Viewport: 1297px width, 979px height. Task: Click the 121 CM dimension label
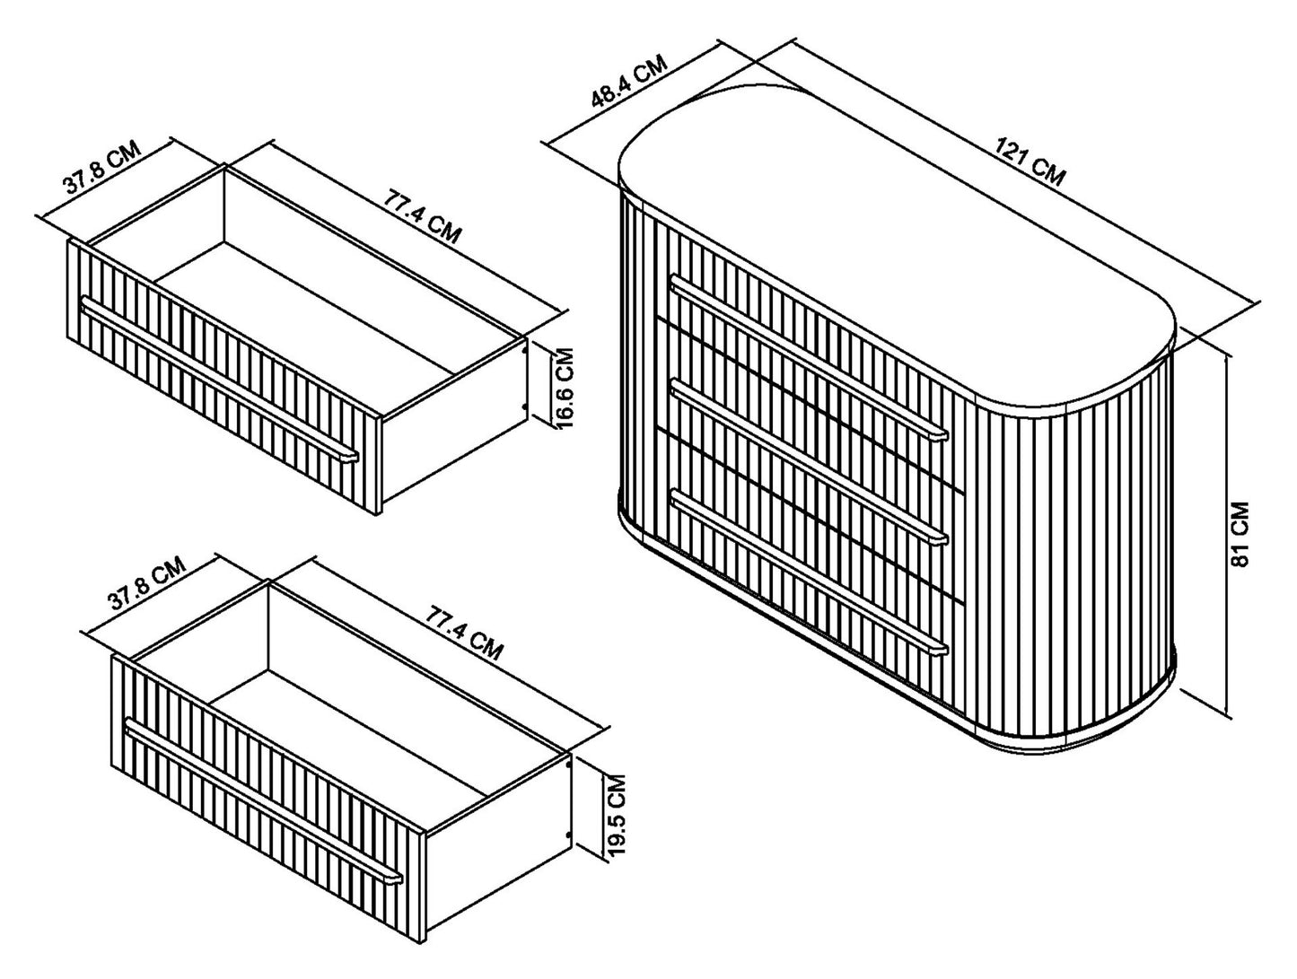coord(1030,162)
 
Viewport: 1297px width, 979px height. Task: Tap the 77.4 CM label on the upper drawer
coord(422,216)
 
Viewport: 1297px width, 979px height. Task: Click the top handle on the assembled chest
coord(809,356)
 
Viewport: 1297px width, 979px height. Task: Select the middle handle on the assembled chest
coord(809,462)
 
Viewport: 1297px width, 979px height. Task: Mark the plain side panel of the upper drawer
coord(453,426)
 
